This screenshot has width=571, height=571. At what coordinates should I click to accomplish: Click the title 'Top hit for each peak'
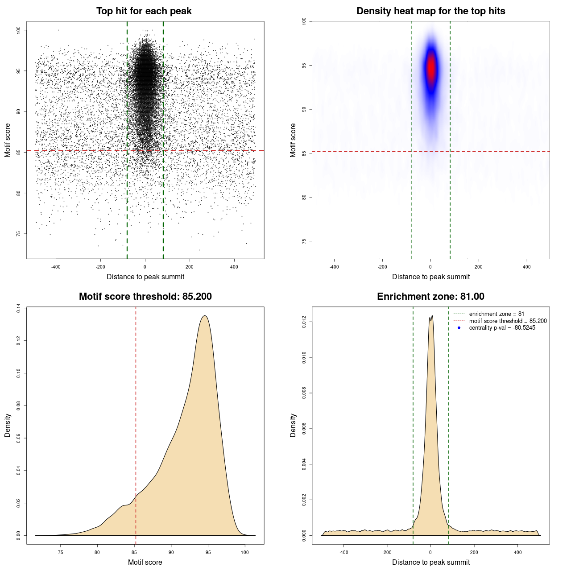144,11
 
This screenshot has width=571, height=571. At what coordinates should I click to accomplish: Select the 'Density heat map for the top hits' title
430,11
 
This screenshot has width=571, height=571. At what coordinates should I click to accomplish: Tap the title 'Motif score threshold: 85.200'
145,297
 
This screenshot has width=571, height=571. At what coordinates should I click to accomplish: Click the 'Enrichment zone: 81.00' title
430,297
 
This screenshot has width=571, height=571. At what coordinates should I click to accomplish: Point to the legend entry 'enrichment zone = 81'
497,314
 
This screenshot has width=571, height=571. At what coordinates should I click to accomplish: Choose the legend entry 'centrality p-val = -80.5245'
502,328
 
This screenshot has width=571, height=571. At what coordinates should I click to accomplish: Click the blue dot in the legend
459,328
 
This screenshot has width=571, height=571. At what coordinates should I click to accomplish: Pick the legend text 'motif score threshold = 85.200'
508,321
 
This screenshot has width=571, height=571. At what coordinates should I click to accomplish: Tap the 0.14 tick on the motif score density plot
18,308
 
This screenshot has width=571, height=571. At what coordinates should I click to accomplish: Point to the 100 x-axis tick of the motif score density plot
244,552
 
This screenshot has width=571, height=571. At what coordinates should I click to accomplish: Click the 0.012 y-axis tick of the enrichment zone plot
304,322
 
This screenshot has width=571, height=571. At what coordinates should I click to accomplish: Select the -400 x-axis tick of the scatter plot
56,267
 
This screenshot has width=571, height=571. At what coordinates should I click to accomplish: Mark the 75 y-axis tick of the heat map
304,241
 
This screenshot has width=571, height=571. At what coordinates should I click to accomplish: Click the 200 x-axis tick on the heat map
479,267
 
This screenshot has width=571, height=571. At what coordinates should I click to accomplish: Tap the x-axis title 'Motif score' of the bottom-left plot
145,562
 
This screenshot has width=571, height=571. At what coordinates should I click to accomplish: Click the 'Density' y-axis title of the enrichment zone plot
293,425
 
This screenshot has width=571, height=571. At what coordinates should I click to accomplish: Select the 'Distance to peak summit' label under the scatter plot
145,277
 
